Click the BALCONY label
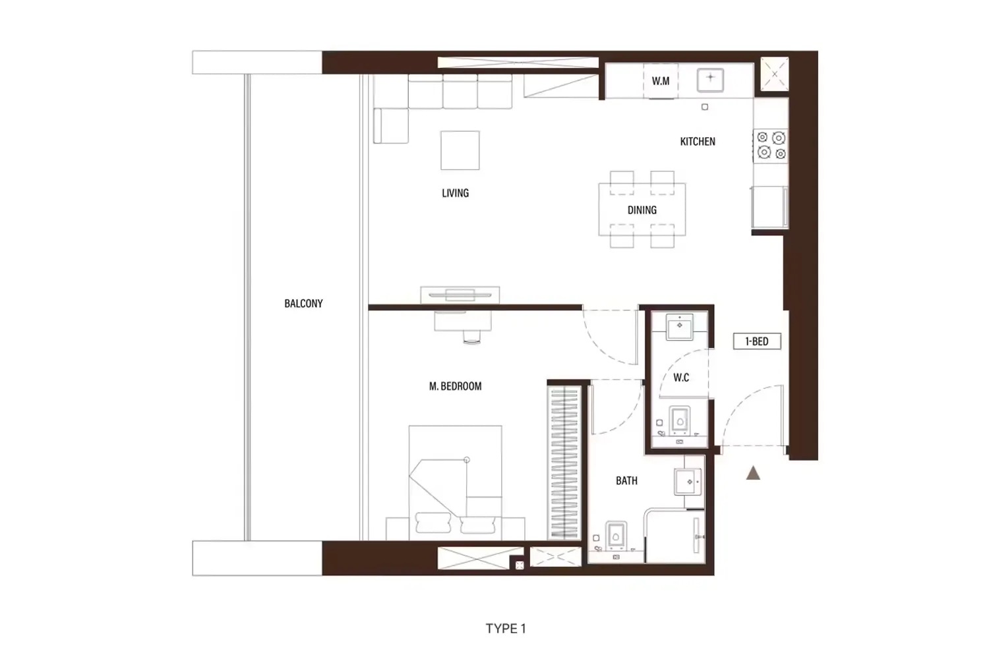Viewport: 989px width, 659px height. [303, 304]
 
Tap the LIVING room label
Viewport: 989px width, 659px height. [455, 193]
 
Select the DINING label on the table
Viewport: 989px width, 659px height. [642, 210]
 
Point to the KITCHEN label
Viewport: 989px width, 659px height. [698, 142]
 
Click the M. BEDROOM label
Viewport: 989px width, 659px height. [455, 386]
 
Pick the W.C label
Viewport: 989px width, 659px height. [681, 378]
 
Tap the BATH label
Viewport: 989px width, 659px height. [626, 481]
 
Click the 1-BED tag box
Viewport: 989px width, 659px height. [757, 341]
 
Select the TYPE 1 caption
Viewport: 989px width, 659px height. [506, 629]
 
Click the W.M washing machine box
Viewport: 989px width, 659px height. [661, 82]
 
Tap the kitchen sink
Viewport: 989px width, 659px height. [710, 80]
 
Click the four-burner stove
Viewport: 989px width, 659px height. [771, 145]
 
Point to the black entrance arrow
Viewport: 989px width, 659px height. [753, 473]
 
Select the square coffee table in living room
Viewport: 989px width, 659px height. [460, 150]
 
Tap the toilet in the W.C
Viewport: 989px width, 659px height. [679, 420]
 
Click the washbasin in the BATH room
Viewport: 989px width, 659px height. [689, 482]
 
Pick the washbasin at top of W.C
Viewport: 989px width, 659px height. [679, 326]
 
